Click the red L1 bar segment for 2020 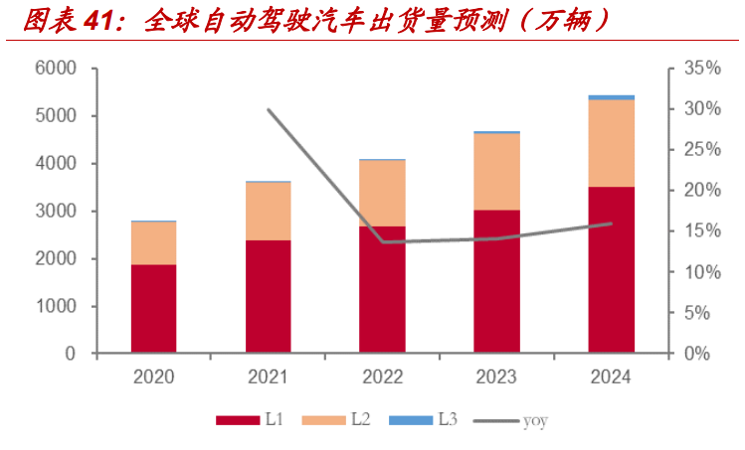[x=153, y=308]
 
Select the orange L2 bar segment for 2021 [x=268, y=212]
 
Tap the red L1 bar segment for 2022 [x=382, y=289]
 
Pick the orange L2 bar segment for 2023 [x=496, y=171]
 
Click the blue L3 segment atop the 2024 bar [x=611, y=97]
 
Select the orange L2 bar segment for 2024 [x=611, y=143]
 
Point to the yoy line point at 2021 [x=269, y=109]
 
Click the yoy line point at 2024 [x=611, y=224]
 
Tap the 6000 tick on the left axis [x=56, y=69]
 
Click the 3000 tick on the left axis [x=56, y=212]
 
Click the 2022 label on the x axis [x=382, y=377]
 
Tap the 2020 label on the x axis [x=153, y=377]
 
